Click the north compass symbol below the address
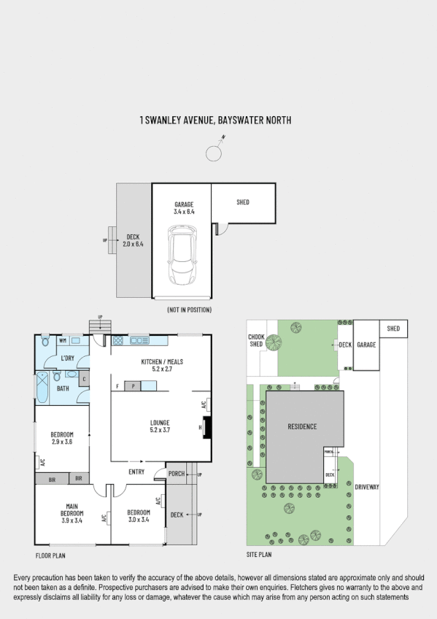click(214, 153)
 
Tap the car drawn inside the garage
click(181, 255)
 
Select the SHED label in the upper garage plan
click(243, 201)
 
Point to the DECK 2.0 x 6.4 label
click(133, 240)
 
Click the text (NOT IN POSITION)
click(189, 310)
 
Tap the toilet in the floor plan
click(45, 341)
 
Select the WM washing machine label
click(63, 340)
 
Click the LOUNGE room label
click(160, 426)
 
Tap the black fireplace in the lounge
click(206, 427)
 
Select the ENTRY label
click(136, 472)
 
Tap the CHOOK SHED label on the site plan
click(255, 340)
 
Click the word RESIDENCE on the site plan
click(302, 426)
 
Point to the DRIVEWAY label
click(368, 486)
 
